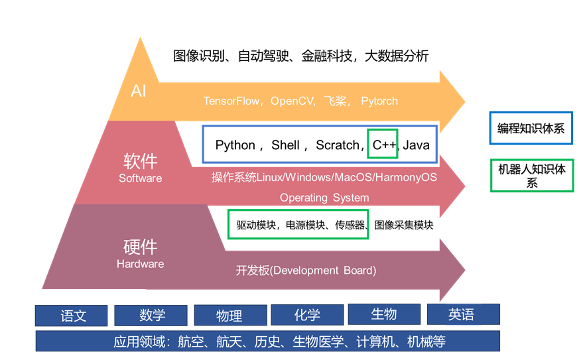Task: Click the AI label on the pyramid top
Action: tap(139, 91)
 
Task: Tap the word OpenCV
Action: tap(293, 101)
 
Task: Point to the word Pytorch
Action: tap(379, 101)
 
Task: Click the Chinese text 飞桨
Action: tap(335, 101)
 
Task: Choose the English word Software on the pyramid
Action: tap(141, 178)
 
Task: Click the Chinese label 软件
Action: tap(141, 162)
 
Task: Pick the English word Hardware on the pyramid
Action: tap(141, 264)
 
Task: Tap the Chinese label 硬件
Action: tap(141, 247)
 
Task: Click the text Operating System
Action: tap(324, 198)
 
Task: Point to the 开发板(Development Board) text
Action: tap(306, 270)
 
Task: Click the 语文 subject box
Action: tap(72, 316)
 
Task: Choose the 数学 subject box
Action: tap(152, 315)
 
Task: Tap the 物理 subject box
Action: tap(230, 316)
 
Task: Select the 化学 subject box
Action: tap(307, 314)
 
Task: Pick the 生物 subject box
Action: tap(384, 314)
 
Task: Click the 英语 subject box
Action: tap(462, 314)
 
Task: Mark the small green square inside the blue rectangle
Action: tap(383, 144)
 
